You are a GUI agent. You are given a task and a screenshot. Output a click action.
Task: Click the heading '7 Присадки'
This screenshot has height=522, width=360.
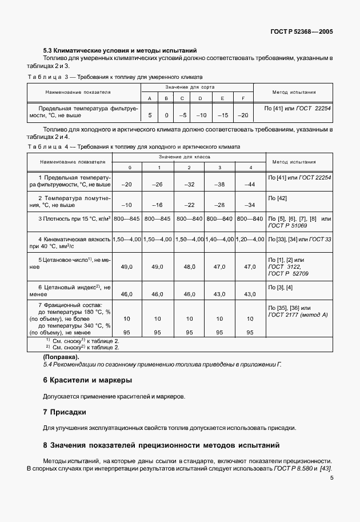pyautogui.click(x=65, y=411)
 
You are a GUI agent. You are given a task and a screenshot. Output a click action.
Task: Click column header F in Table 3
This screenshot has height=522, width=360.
pyautogui.click(x=243, y=98)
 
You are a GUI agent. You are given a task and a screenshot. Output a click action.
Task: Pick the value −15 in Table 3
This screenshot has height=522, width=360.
pyautogui.click(x=222, y=115)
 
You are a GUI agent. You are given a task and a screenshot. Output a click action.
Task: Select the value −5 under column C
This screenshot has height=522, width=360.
pyautogui.click(x=183, y=115)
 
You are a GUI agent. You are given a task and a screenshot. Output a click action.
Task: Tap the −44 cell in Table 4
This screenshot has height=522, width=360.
pyautogui.click(x=249, y=184)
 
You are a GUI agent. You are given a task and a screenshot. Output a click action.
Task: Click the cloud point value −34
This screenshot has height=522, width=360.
pyautogui.click(x=249, y=205)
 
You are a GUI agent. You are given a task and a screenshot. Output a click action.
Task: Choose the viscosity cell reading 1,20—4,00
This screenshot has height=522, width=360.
pyautogui.click(x=250, y=238)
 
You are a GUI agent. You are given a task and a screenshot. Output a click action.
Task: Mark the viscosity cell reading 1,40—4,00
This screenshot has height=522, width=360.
pyautogui.click(x=220, y=238)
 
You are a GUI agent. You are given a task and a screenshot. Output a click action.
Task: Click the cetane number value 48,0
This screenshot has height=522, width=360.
pyautogui.click(x=189, y=266)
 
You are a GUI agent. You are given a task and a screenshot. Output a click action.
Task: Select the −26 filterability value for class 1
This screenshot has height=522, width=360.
pyautogui.click(x=158, y=184)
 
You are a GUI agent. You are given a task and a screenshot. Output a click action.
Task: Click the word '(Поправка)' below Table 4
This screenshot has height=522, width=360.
pyautogui.click(x=61, y=357)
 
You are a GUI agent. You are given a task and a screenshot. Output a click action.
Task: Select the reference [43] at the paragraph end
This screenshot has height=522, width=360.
pyautogui.click(x=326, y=469)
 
